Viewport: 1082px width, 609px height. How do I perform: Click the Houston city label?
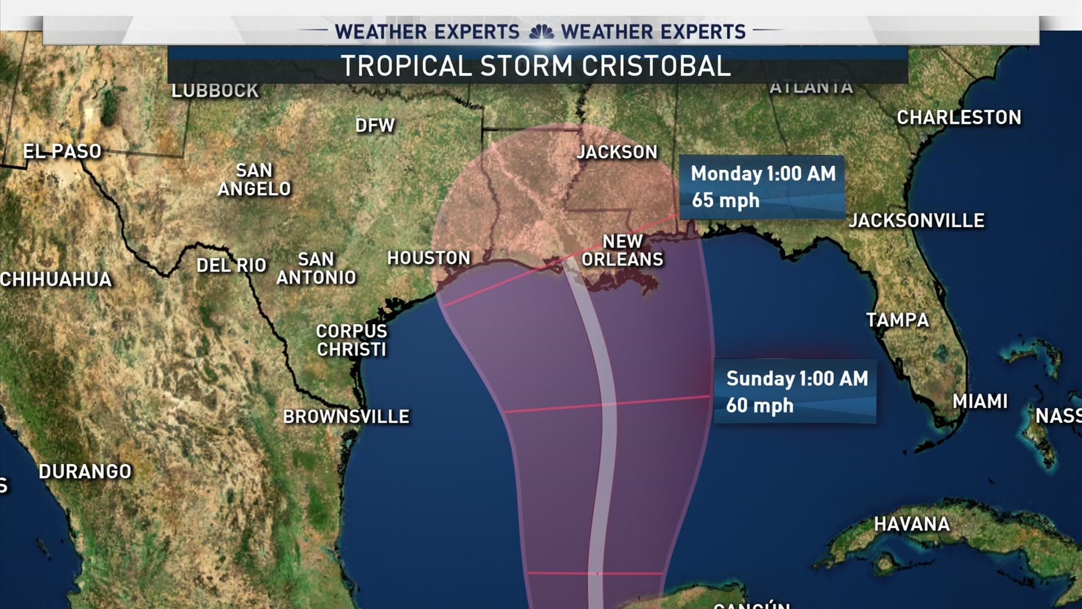[x=429, y=258]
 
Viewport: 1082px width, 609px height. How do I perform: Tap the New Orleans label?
[x=622, y=250]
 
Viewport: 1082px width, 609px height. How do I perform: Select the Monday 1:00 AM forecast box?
[x=762, y=187]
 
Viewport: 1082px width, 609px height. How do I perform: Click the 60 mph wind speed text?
[x=759, y=405]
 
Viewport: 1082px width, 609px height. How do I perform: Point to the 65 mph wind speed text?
[x=725, y=200]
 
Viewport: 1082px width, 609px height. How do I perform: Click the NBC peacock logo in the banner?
[x=541, y=32]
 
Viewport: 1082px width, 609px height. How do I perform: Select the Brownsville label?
[x=346, y=417]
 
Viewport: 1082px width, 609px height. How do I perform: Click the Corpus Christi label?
[x=352, y=340]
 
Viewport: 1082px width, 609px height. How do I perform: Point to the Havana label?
[x=912, y=524]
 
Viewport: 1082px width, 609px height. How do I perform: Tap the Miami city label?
[x=980, y=401]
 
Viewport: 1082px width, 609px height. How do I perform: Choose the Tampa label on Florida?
[x=897, y=320]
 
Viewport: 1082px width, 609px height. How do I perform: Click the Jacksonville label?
[x=916, y=220]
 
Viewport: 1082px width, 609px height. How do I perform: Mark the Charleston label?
[x=959, y=117]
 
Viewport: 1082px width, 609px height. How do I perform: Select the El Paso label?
[x=62, y=151]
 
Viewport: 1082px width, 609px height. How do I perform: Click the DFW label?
[x=375, y=125]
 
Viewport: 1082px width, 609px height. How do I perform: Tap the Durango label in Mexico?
[x=85, y=471]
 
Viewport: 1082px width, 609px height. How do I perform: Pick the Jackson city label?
[x=617, y=152]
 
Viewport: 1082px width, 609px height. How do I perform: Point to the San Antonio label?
[x=316, y=268]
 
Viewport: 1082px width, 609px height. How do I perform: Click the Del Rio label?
[x=231, y=265]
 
